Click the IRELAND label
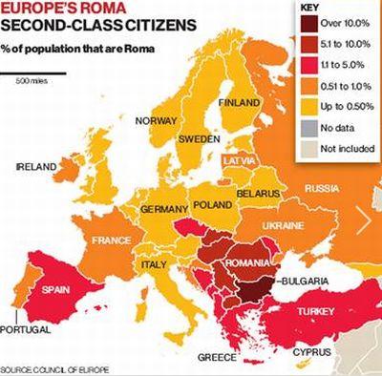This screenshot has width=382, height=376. (36, 166)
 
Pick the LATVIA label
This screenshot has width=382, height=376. (239, 162)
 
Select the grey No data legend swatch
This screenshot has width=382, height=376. (307, 126)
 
